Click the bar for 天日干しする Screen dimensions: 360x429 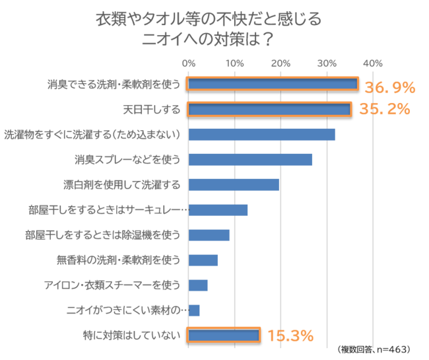pyautogui.click(x=269, y=109)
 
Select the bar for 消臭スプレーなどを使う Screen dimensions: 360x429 pyautogui.click(x=250, y=159)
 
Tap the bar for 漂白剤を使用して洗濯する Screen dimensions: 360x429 pyautogui.click(x=234, y=184)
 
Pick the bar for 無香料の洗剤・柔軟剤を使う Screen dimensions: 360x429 pyautogui.click(x=203, y=260)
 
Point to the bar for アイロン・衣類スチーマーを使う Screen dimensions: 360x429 pyautogui.click(x=198, y=285)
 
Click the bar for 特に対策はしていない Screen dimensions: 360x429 pyautogui.click(x=223, y=336)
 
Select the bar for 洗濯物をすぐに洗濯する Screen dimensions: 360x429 pyautogui.click(x=261, y=134)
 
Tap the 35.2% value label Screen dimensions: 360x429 pyautogui.click(x=385, y=109)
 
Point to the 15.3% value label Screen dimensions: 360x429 pyautogui.click(x=290, y=336)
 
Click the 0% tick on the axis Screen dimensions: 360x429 pyautogui.click(x=189, y=63)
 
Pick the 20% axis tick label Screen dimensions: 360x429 pyautogui.click(x=280, y=63)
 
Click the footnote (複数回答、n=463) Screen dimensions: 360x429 pyautogui.click(x=374, y=349)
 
